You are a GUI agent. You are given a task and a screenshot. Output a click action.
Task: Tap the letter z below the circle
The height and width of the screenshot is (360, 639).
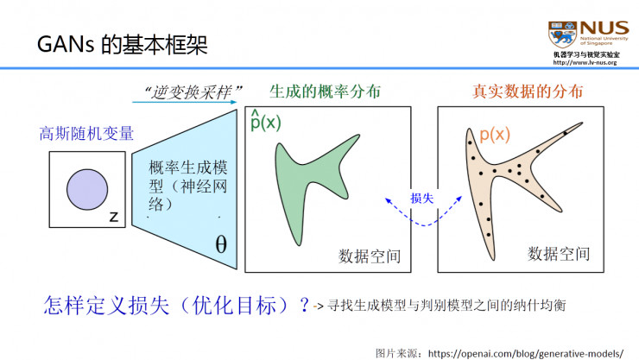(113, 218)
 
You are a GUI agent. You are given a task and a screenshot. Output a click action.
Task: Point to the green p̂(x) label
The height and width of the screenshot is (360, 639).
(264, 121)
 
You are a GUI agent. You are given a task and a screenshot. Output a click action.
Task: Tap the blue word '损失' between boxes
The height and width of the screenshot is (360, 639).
(422, 199)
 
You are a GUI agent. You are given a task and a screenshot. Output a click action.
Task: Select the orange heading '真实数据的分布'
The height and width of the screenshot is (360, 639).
(527, 92)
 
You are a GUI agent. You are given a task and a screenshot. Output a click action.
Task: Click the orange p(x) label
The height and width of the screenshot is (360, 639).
(494, 136)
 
